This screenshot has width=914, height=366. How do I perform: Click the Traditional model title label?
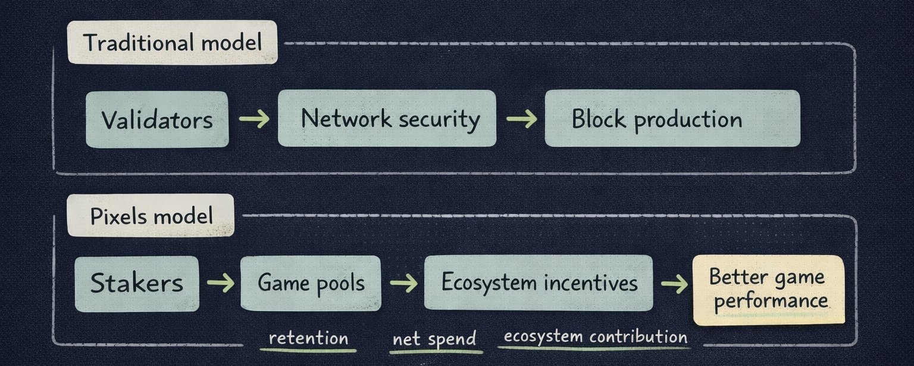click(x=172, y=42)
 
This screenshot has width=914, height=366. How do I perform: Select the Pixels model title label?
click(x=151, y=215)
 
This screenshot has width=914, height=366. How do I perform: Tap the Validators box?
click(x=157, y=119)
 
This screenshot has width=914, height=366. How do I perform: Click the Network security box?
click(x=387, y=118)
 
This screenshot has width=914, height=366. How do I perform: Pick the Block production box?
click(x=672, y=118)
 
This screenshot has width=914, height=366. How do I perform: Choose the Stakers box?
click(x=137, y=283)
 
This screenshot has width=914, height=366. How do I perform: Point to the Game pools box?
click(x=310, y=283)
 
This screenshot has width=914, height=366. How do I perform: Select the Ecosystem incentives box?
click(x=538, y=283)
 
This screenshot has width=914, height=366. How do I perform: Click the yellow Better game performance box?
click(x=768, y=290)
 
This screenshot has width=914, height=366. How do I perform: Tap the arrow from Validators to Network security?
click(x=253, y=119)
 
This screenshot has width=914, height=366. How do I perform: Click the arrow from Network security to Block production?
click(x=521, y=119)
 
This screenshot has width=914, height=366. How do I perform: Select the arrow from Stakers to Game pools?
click(x=220, y=283)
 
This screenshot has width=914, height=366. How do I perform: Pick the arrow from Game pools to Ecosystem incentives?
click(x=403, y=283)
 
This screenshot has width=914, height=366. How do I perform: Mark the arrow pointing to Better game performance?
click(x=674, y=284)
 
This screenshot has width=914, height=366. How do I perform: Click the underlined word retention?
click(x=308, y=339)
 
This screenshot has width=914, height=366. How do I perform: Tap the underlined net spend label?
click(x=434, y=339)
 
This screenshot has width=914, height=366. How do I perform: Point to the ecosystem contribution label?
click(x=595, y=337)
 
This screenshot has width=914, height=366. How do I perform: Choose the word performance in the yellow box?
click(x=771, y=301)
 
